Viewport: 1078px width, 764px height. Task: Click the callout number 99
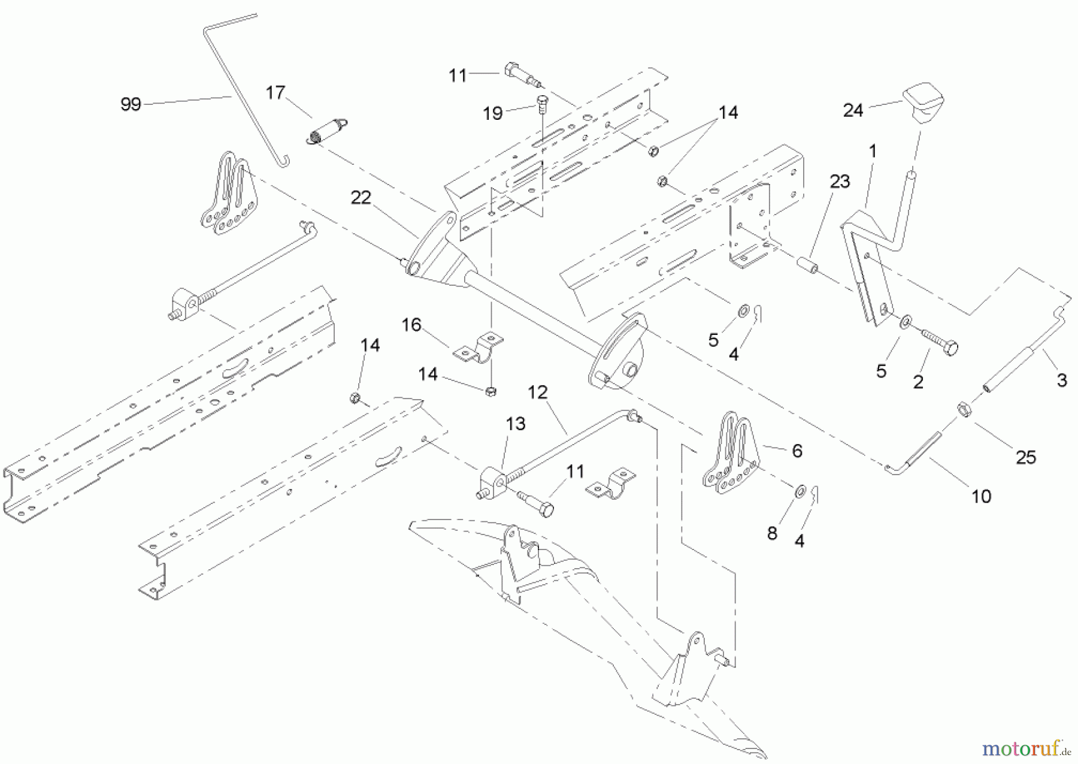131,104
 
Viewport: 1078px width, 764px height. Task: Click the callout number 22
361,198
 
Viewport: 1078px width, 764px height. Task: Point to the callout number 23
840,182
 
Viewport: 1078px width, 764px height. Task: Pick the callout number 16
411,325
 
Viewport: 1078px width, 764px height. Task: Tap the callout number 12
538,392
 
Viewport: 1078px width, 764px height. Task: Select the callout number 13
516,424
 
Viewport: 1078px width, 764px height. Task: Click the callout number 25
1026,457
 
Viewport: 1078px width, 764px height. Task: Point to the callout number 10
981,496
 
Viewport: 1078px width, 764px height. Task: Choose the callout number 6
797,451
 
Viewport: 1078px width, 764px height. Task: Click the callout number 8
772,533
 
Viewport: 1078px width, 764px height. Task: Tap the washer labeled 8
800,492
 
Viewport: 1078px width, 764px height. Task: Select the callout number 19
493,113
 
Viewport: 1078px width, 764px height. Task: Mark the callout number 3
1062,380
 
